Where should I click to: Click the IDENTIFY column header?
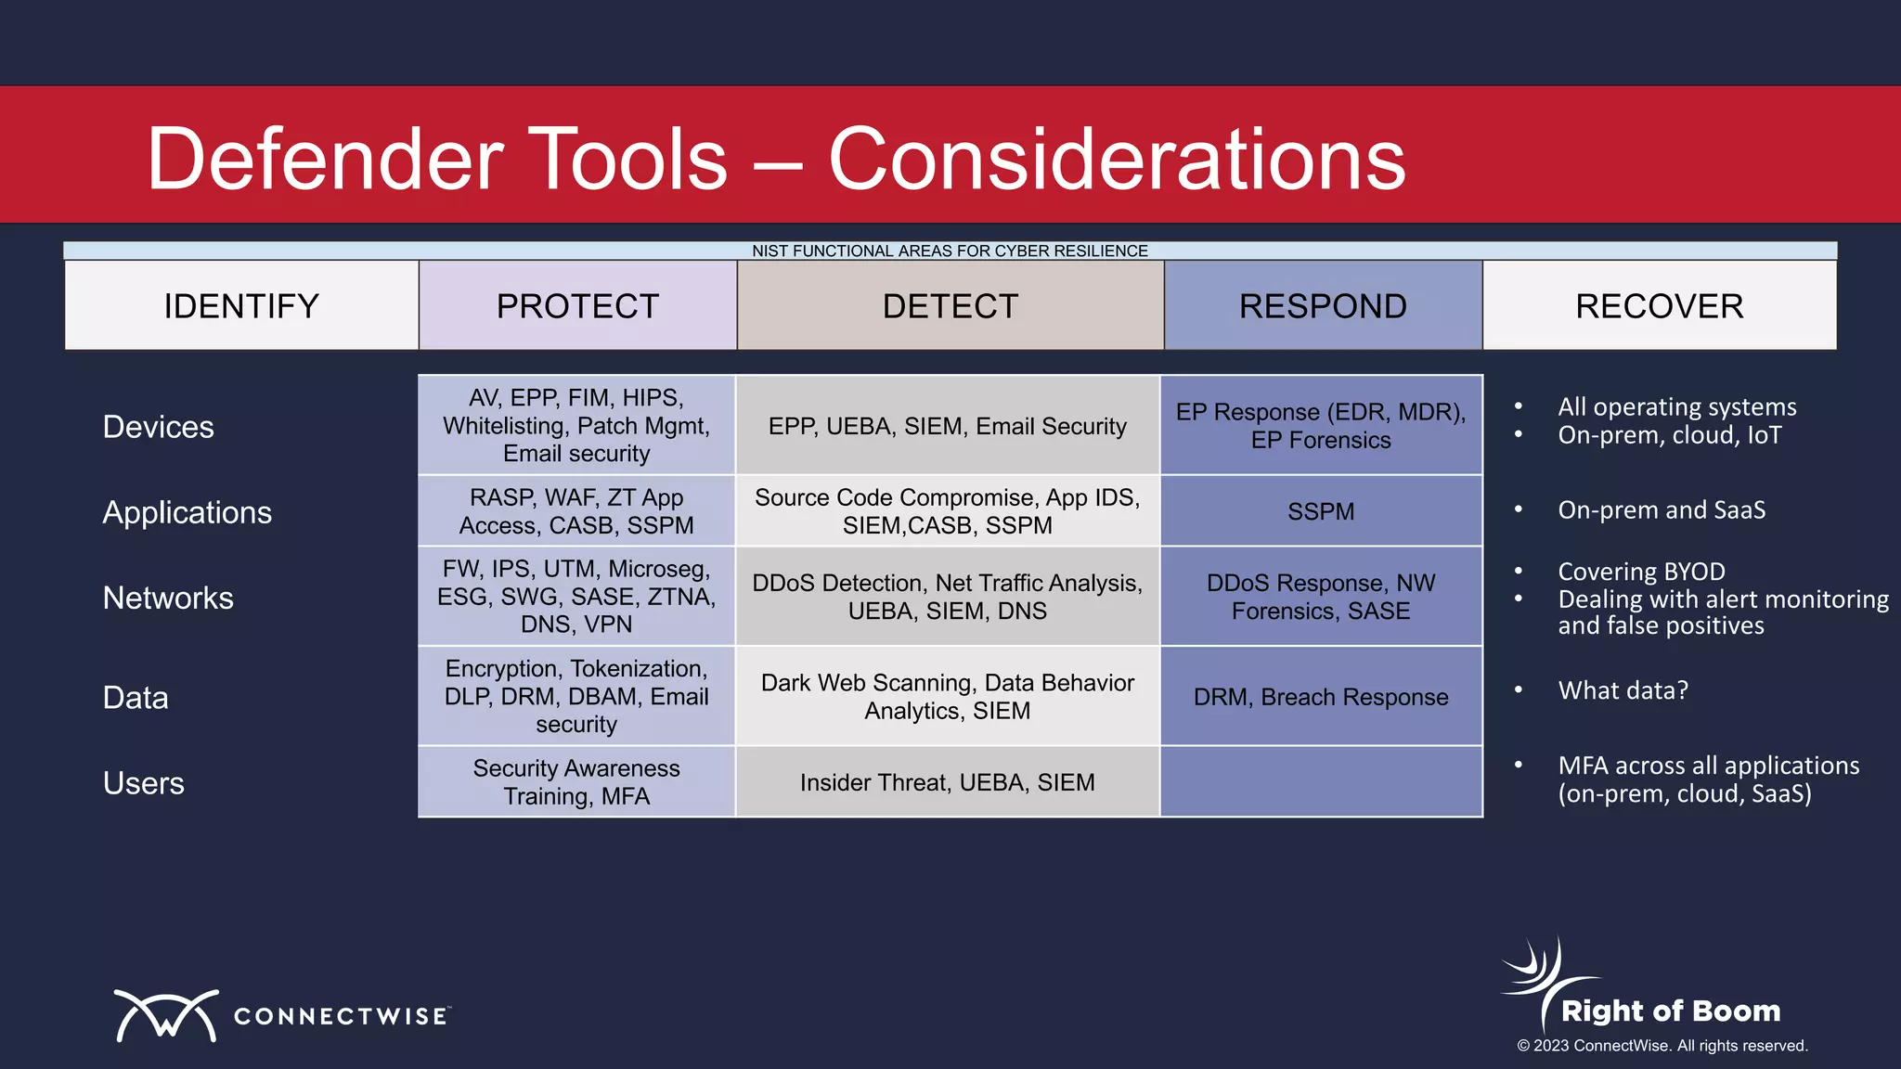[x=241, y=306]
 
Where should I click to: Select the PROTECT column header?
[x=577, y=306]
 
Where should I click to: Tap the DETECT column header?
[x=950, y=306]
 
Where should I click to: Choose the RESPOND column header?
[x=1323, y=306]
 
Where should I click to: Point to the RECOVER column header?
[x=1659, y=306]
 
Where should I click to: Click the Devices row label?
[x=159, y=427]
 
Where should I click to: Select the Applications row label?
[x=187, y=512]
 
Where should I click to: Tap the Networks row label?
[x=168, y=598]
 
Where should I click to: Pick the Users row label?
[x=144, y=783]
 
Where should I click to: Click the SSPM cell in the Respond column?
[x=1321, y=511]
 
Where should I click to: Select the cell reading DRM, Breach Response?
[x=1321, y=697]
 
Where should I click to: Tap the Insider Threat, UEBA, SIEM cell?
[x=947, y=782]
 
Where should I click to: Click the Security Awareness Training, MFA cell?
[x=576, y=782]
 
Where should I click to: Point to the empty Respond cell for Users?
[x=1321, y=782]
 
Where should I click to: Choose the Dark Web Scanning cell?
[x=947, y=697]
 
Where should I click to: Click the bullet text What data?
[x=1623, y=690]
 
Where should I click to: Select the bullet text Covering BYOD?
[x=1641, y=572]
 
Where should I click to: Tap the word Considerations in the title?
[x=1117, y=160]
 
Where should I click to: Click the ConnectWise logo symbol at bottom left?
[x=166, y=1015]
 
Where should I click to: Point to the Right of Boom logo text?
[x=1671, y=1011]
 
